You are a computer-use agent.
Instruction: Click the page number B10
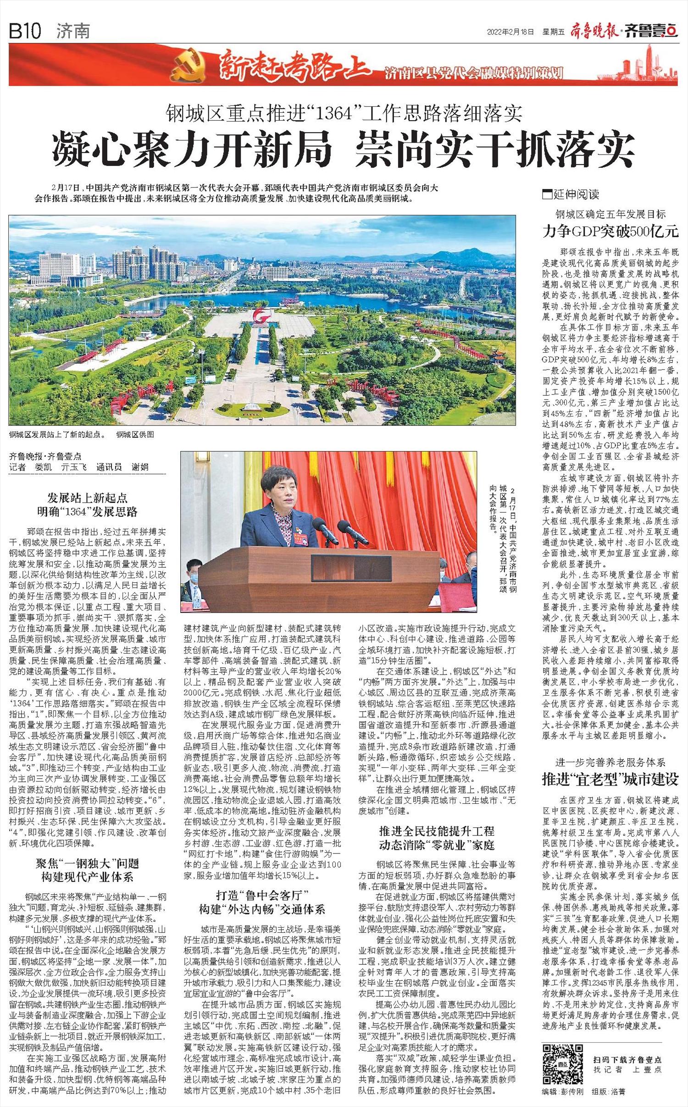tap(25, 32)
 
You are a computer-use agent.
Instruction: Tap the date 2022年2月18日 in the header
tap(511, 32)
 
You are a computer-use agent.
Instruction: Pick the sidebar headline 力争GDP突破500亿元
tap(610, 231)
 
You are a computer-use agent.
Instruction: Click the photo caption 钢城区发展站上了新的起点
tap(56, 434)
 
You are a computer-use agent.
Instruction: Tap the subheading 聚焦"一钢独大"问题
tap(88, 864)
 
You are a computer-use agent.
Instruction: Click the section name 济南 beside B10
tap(73, 32)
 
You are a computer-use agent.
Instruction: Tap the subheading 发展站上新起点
tap(88, 498)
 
